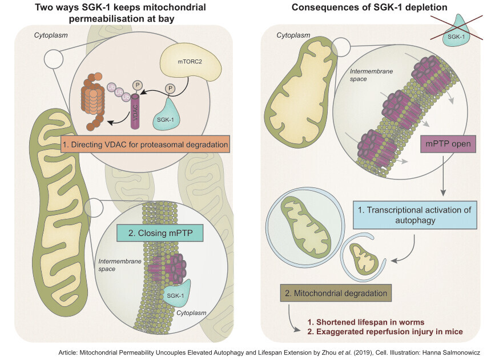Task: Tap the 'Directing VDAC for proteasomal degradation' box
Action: click(x=145, y=143)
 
